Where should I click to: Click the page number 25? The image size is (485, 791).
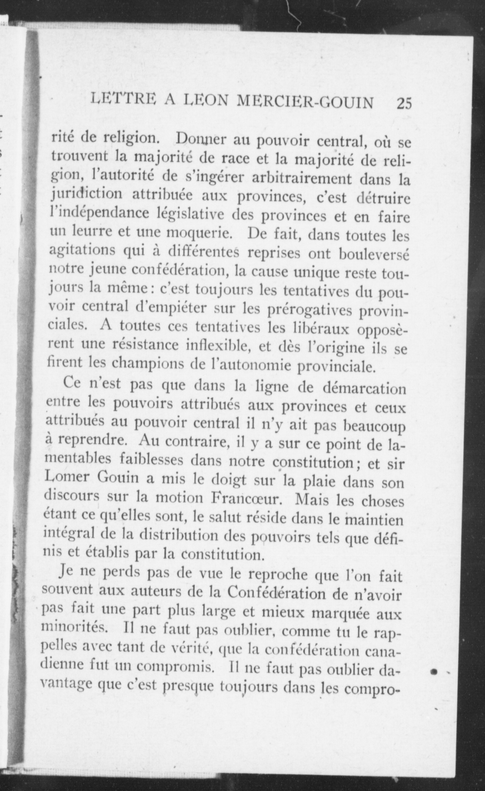tap(404, 103)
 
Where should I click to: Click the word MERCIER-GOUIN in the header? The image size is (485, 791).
tap(305, 102)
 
